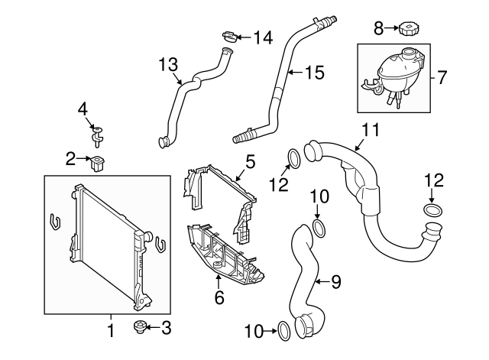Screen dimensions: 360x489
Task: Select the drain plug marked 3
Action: coord(140,328)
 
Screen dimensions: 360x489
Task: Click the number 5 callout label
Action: coord(250,161)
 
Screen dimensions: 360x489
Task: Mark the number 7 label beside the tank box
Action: coord(442,77)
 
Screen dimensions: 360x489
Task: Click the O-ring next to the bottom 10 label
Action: coord(283,329)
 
